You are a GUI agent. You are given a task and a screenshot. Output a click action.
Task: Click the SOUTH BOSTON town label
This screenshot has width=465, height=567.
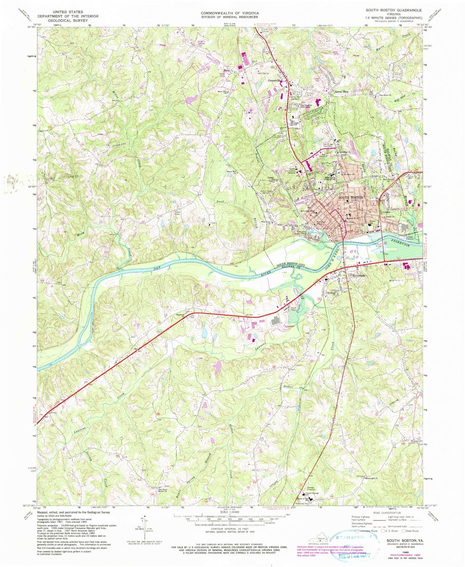pyautogui.click(x=350, y=197)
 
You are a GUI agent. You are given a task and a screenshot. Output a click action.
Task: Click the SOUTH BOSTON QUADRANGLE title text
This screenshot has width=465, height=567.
pyautogui.click(x=399, y=10)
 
